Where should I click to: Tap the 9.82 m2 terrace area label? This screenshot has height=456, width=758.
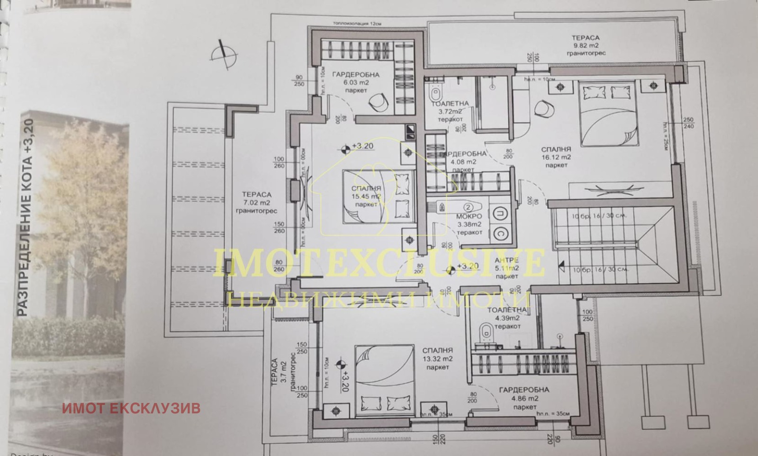click(585, 45)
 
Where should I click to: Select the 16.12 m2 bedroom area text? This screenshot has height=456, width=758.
click(556, 157)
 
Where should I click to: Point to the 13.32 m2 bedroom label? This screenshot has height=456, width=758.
click(437, 358)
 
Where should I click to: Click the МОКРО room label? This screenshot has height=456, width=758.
click(469, 217)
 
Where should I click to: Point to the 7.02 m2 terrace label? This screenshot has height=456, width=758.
click(257, 203)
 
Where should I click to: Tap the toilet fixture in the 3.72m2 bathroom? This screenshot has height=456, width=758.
click(435, 91)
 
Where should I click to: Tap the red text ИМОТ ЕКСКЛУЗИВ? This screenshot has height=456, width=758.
click(131, 408)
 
